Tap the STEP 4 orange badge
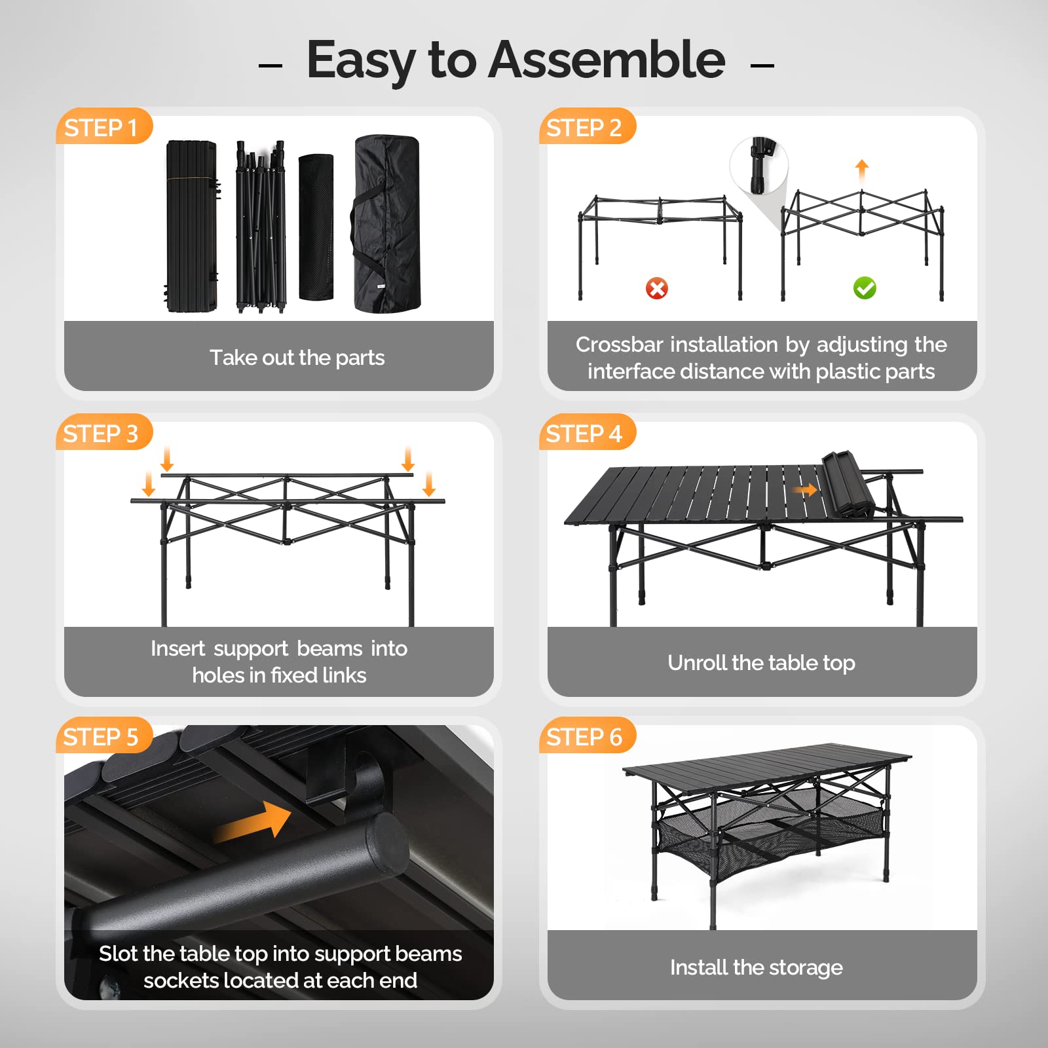(x=584, y=433)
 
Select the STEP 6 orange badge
(x=584, y=737)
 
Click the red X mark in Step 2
(x=656, y=288)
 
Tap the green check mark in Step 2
(x=865, y=288)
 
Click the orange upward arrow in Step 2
(x=862, y=169)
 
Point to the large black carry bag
(x=386, y=224)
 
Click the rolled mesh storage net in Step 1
(x=316, y=227)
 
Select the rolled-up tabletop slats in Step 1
(x=191, y=226)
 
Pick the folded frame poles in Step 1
(x=261, y=226)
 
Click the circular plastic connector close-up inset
(x=760, y=165)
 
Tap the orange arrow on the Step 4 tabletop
(x=806, y=490)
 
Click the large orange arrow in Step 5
(x=254, y=822)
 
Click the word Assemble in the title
(x=607, y=60)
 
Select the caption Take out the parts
(x=297, y=358)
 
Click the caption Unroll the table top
(x=761, y=663)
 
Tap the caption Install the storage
(x=756, y=967)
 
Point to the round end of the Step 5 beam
(x=388, y=845)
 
